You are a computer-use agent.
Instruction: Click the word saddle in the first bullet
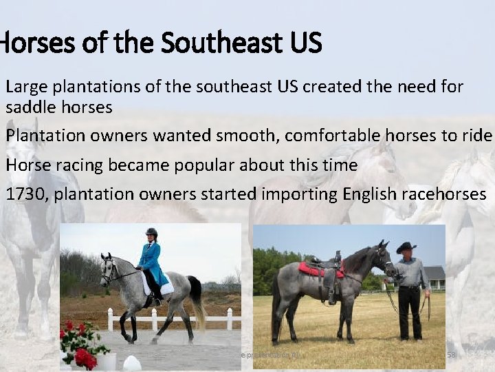27,108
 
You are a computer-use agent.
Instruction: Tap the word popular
206,165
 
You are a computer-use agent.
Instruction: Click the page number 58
452,354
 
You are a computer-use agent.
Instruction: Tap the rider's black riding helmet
151,233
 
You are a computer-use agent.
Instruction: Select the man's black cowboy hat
406,247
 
